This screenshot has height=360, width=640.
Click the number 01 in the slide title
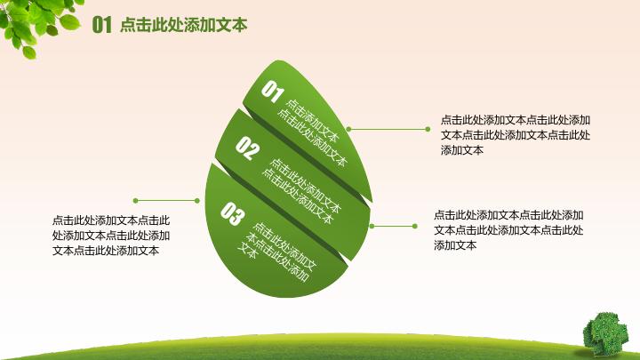(101, 25)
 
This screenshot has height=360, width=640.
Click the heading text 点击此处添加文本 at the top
(183, 25)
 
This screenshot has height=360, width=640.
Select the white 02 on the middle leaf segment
(248, 148)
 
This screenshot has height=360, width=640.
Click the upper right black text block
(516, 134)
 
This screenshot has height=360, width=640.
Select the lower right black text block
(508, 229)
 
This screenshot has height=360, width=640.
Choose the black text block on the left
(111, 235)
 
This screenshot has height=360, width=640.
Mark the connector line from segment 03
(395, 225)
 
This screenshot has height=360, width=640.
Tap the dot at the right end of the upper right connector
(428, 128)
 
